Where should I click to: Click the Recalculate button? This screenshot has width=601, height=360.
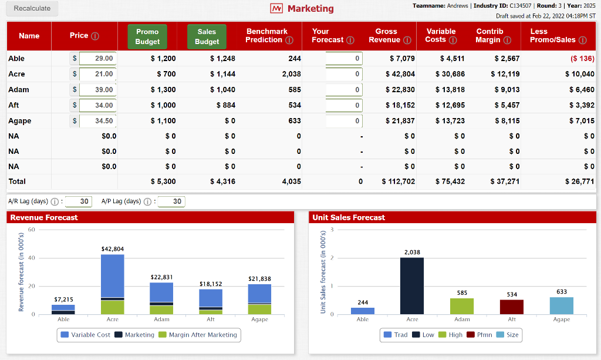pos(32,8)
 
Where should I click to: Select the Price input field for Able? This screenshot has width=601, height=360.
pos(97,59)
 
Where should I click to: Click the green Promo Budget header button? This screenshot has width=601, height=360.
pos(147,36)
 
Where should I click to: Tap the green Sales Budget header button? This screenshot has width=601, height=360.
pos(207,36)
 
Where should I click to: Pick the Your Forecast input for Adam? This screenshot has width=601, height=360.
pos(343,90)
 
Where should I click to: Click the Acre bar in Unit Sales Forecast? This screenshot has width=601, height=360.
pos(412,285)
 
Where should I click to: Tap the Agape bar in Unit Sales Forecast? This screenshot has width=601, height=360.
pos(562,305)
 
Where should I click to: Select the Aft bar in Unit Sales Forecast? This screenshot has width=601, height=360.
pos(512,307)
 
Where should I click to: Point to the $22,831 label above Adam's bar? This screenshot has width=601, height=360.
pos(161,277)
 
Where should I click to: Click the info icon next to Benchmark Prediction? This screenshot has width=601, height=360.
pos(289,40)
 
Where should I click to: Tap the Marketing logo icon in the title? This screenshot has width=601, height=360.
pos(276,9)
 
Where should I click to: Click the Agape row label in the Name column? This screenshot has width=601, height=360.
pos(20,121)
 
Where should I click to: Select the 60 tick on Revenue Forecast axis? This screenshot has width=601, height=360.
pos(32,230)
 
